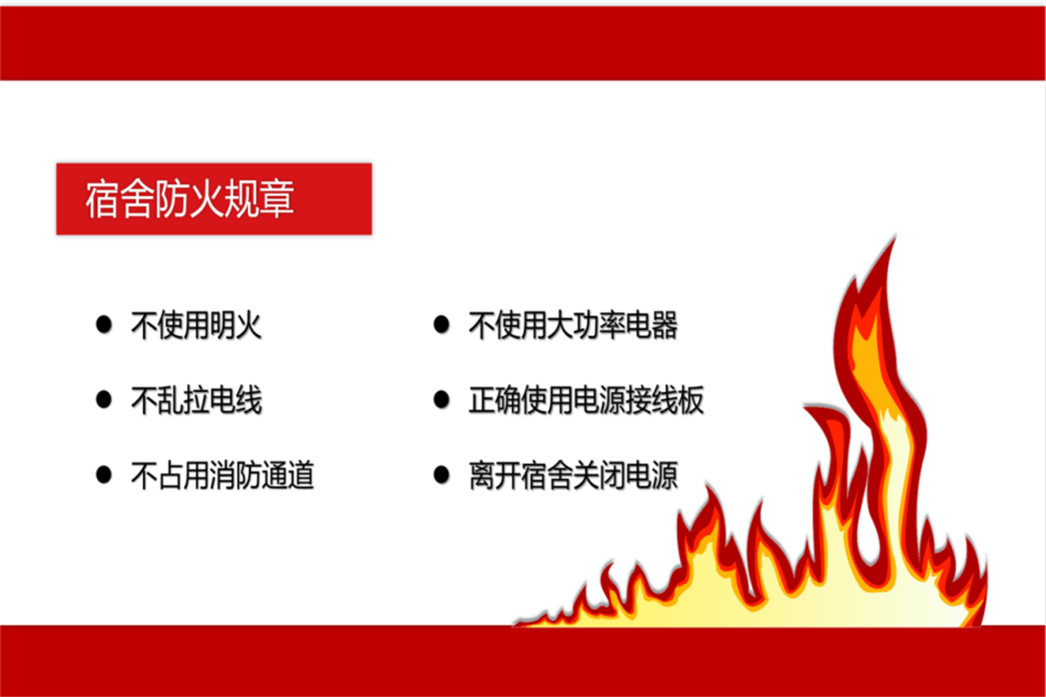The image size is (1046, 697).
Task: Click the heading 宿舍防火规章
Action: pyautogui.click(x=189, y=199)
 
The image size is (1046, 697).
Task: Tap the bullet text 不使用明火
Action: pyautogui.click(x=196, y=325)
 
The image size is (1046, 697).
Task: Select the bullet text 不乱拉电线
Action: pyautogui.click(x=196, y=400)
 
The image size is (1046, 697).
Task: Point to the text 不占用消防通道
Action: pyautogui.click(x=222, y=475)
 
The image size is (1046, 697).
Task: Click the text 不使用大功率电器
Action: pyautogui.click(x=573, y=325)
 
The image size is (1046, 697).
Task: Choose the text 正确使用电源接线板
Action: pyautogui.click(x=586, y=400)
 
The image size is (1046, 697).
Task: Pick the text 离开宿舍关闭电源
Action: pyautogui.click(x=573, y=475)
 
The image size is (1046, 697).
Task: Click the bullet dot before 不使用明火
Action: pyautogui.click(x=103, y=324)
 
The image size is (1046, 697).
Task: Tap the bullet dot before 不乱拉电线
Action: pyautogui.click(x=103, y=399)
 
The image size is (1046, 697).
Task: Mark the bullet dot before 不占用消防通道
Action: pyautogui.click(x=103, y=475)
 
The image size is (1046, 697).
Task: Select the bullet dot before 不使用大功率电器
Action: pyautogui.click(x=442, y=324)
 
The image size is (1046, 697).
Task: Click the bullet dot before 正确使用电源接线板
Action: pyautogui.click(x=442, y=399)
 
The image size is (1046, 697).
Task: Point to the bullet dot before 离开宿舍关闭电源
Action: pyautogui.click(x=442, y=475)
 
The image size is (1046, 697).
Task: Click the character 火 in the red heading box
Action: pyautogui.click(x=207, y=199)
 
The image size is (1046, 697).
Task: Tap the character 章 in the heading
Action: pyautogui.click(x=277, y=199)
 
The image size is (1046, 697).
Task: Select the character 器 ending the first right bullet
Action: pyautogui.click(x=665, y=325)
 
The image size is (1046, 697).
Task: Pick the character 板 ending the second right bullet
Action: pyautogui.click(x=690, y=400)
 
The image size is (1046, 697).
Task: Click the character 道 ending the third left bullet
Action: pyautogui.click(x=301, y=475)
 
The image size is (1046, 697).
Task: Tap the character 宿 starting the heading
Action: pyautogui.click(x=103, y=199)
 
